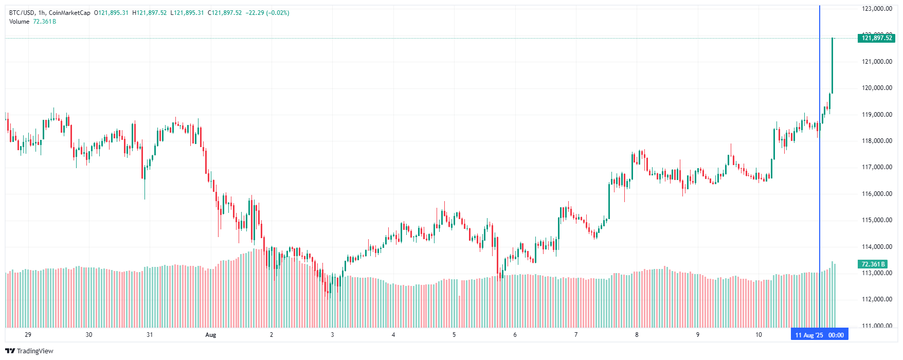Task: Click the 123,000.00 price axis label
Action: pyautogui.click(x=877, y=9)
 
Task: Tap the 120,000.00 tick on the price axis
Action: pyautogui.click(x=877, y=88)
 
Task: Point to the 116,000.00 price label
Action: pyautogui.click(x=877, y=194)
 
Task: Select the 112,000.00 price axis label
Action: pyautogui.click(x=877, y=299)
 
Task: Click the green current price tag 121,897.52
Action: pyautogui.click(x=877, y=38)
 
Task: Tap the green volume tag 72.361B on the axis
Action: pyautogui.click(x=873, y=264)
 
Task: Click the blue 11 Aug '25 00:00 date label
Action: pyautogui.click(x=819, y=335)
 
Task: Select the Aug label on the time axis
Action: pyautogui.click(x=210, y=335)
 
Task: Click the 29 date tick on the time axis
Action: pyautogui.click(x=28, y=335)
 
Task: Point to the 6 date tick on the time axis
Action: pyautogui.click(x=515, y=335)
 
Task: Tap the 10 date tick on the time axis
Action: pyautogui.click(x=758, y=335)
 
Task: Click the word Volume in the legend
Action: pyautogui.click(x=19, y=22)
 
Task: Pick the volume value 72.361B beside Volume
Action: pyautogui.click(x=44, y=22)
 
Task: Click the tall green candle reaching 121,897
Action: pyautogui.click(x=832, y=65)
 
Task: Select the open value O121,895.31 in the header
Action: pyautogui.click(x=111, y=13)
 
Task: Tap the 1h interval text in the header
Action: pyautogui.click(x=42, y=13)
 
